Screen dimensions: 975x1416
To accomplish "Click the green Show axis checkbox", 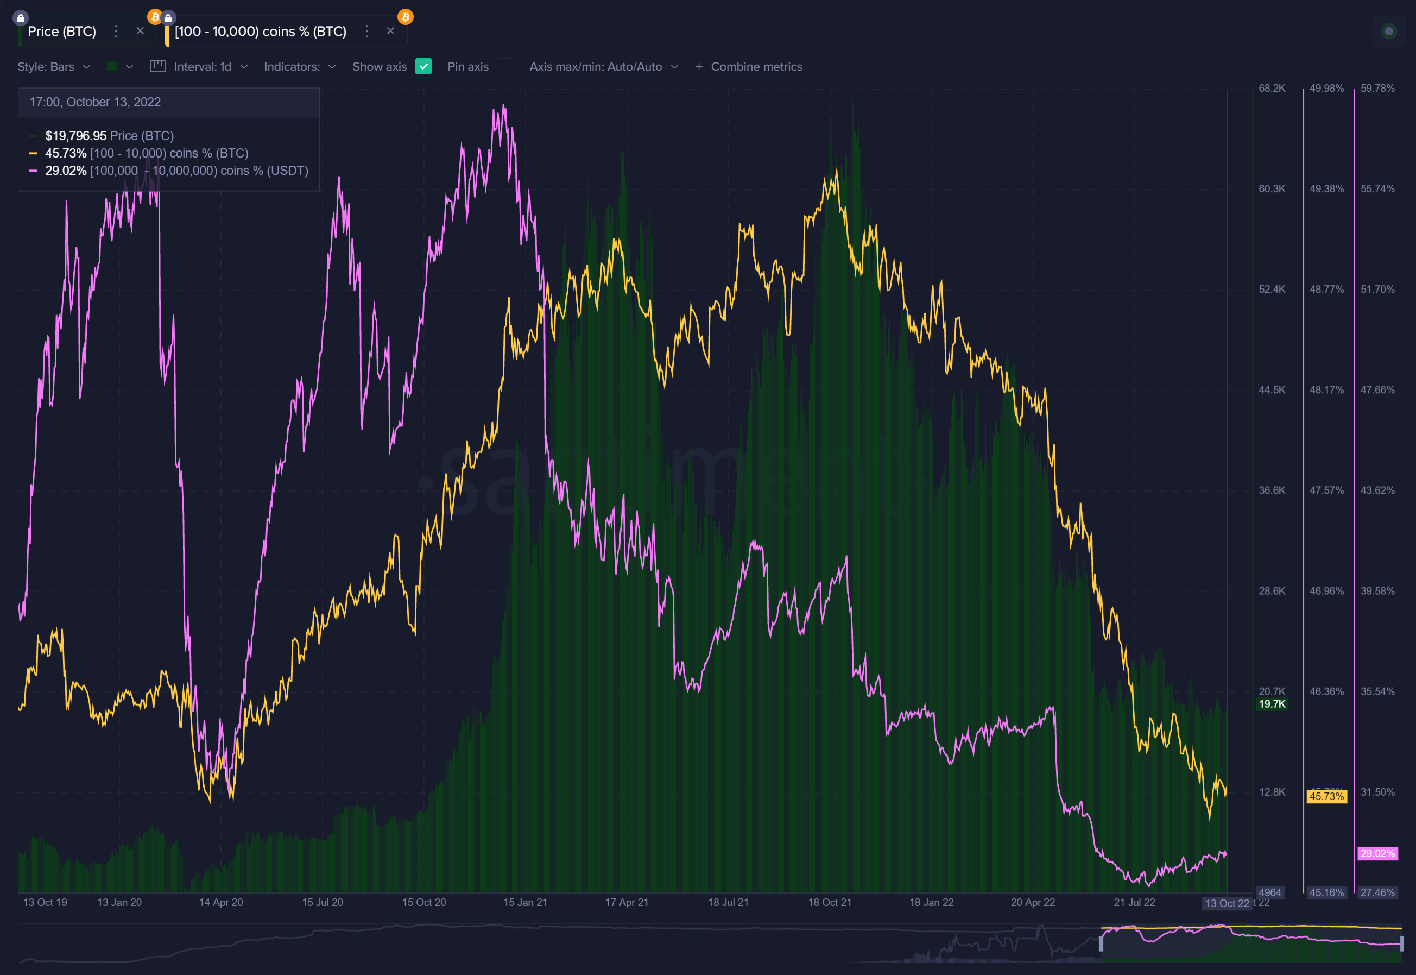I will [x=423, y=67].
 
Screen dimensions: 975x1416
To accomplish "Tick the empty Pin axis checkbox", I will [x=504, y=67].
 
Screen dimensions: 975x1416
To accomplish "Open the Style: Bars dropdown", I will [x=54, y=67].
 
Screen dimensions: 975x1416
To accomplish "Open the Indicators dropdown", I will [x=300, y=67].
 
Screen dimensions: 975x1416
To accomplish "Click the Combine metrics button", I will [x=749, y=67].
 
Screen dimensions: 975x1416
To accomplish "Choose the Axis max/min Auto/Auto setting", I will [x=603, y=67].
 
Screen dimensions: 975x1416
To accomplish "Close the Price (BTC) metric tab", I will [x=141, y=31].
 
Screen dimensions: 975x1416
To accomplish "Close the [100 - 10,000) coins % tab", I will [x=391, y=31].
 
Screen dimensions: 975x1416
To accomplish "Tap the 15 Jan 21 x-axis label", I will [x=525, y=902].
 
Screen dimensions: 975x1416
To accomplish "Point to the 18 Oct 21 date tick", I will [x=829, y=902].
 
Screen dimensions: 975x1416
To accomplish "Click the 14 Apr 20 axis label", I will [x=221, y=902].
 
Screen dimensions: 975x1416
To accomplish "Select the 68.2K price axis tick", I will [x=1272, y=89].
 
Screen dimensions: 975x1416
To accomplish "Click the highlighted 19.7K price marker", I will [x=1272, y=704].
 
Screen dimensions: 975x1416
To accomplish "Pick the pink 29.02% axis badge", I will [x=1377, y=853].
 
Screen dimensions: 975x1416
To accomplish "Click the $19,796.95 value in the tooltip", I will [x=75, y=136].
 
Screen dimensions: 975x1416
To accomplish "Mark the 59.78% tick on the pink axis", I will [x=1377, y=89].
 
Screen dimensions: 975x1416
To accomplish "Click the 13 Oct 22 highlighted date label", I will [x=1227, y=903].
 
